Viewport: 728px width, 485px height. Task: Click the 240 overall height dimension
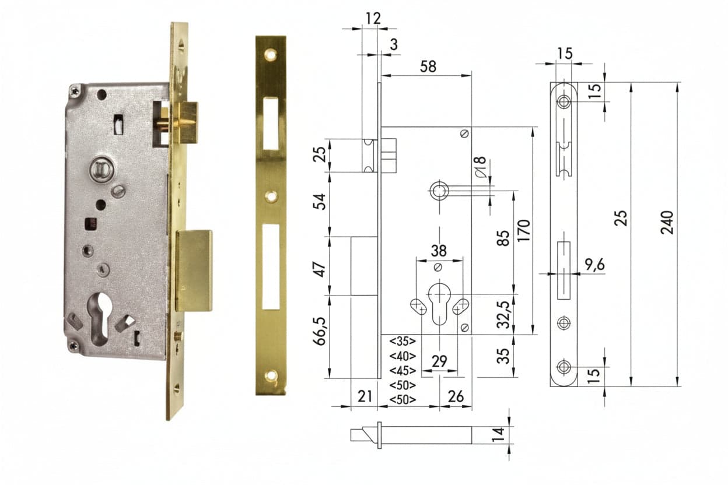point(667,222)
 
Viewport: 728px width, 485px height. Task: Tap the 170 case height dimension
point(524,230)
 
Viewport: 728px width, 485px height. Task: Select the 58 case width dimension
point(428,66)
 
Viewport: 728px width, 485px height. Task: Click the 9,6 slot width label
point(595,265)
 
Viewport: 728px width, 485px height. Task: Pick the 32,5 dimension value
point(504,315)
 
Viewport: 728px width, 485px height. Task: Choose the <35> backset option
point(402,342)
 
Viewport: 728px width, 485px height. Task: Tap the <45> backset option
point(402,371)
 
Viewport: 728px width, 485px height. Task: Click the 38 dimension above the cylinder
point(439,251)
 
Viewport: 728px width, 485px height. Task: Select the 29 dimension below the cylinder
point(439,361)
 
